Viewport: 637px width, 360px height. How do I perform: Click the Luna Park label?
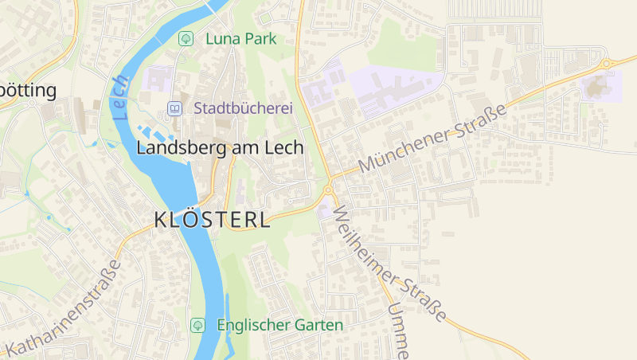pyautogui.click(x=240, y=38)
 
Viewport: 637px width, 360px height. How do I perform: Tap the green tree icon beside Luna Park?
pyautogui.click(x=186, y=38)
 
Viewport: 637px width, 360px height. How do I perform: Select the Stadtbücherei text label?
pyautogui.click(x=244, y=108)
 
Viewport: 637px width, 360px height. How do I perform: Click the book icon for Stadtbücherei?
pyautogui.click(x=174, y=108)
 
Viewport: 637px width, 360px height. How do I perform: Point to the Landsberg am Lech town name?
pyautogui.click(x=220, y=147)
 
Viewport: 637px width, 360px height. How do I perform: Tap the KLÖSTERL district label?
pyautogui.click(x=212, y=220)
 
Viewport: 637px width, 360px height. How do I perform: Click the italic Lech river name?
pyautogui.click(x=120, y=97)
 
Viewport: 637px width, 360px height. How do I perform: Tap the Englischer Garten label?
pyautogui.click(x=279, y=325)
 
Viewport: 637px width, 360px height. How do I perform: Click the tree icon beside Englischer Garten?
pyautogui.click(x=198, y=325)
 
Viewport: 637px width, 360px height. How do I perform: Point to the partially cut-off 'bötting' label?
pyautogui.click(x=29, y=90)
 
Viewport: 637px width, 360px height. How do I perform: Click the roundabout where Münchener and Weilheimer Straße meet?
pyautogui.click(x=328, y=190)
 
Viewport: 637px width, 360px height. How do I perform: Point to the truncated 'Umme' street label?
pyautogui.click(x=399, y=330)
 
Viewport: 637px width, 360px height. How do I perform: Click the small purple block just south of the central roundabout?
pyautogui.click(x=324, y=212)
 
